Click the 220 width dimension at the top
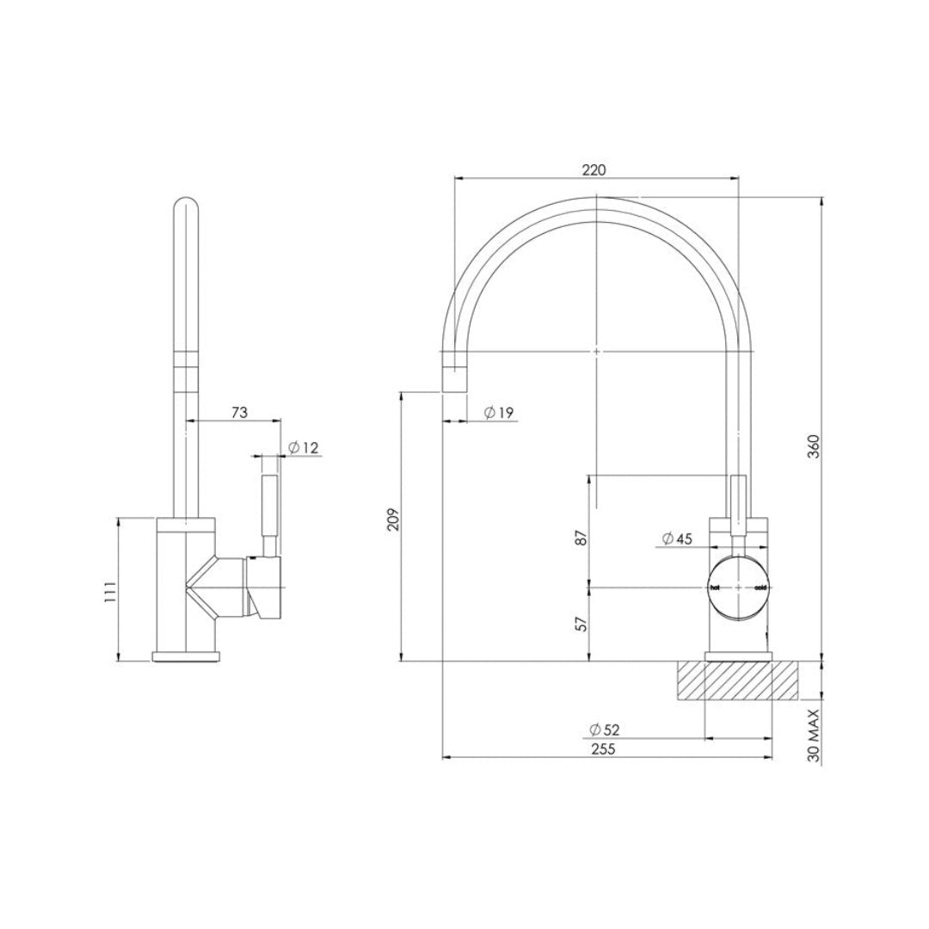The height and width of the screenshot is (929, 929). [594, 169]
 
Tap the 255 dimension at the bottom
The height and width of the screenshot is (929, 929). [603, 748]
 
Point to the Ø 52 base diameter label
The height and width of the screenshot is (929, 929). [604, 729]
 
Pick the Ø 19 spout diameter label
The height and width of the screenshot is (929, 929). [498, 413]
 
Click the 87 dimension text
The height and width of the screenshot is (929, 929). [581, 538]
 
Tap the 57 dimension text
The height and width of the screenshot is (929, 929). [581, 624]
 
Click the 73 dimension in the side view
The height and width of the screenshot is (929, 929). [239, 413]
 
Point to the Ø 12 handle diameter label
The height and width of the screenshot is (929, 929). [303, 447]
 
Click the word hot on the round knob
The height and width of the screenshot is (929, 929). [714, 588]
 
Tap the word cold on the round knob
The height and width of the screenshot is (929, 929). [760, 588]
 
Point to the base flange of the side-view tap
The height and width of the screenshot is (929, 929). [187, 658]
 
